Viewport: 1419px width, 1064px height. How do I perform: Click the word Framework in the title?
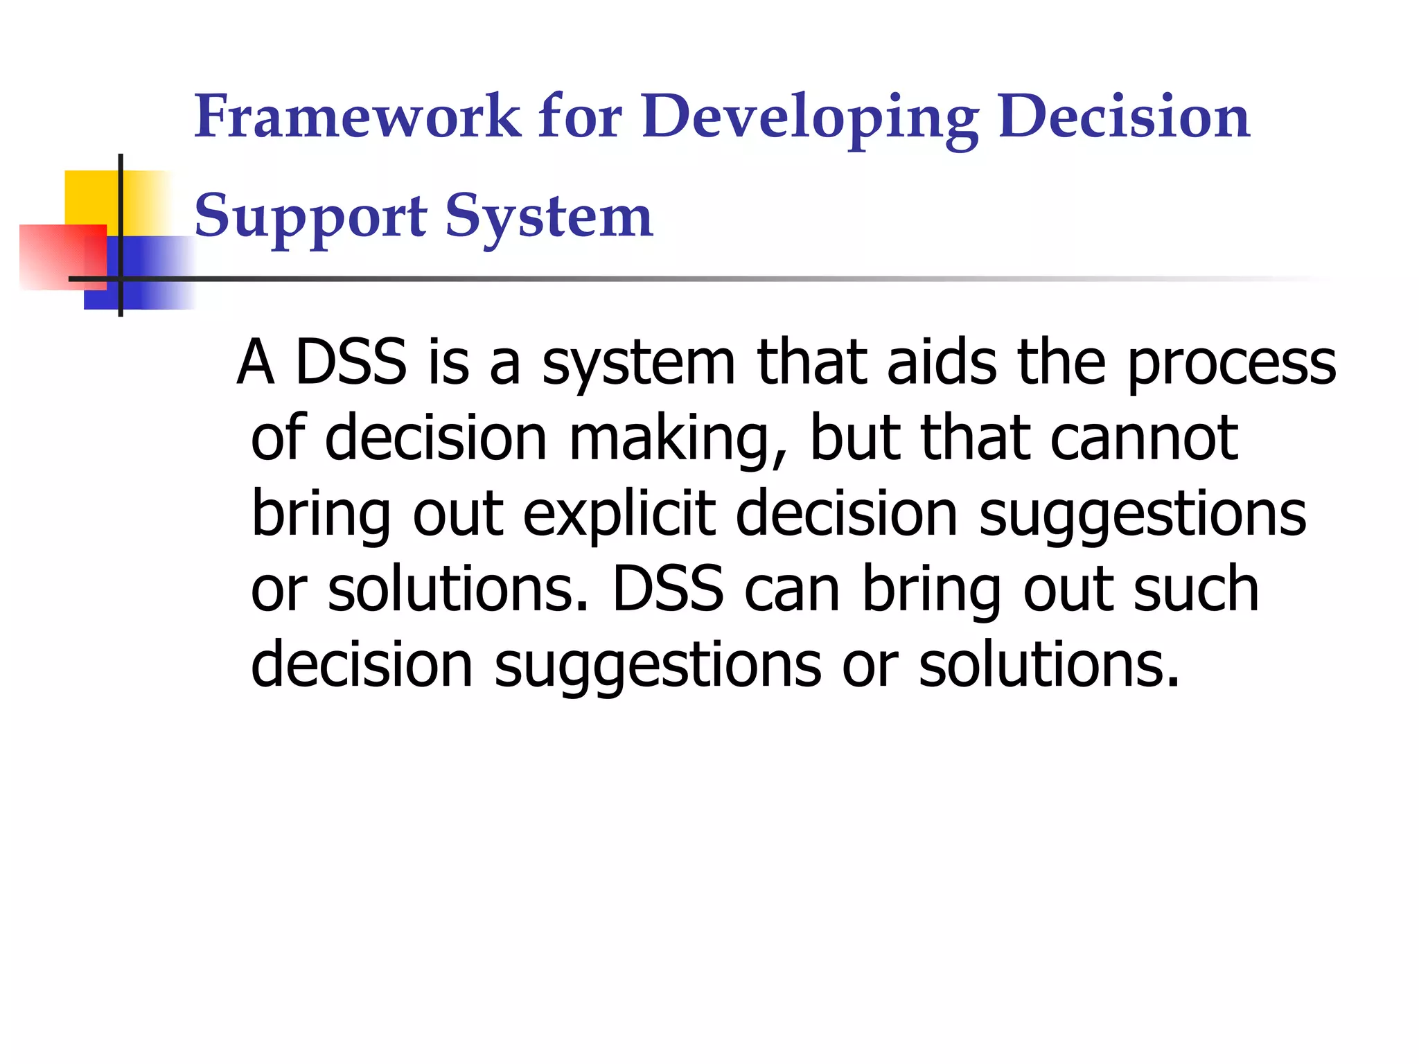(357, 116)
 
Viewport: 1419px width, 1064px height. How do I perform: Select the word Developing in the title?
(810, 118)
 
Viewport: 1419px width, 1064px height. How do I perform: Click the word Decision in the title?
(1124, 116)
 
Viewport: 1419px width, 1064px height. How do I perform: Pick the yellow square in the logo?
(92, 197)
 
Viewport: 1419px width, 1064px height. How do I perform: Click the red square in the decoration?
(62, 256)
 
